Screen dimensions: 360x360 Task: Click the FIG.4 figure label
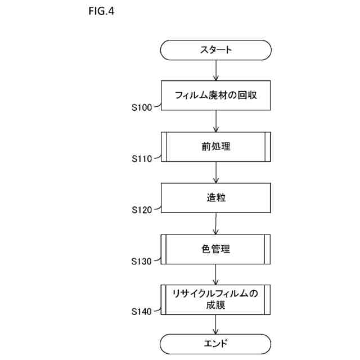tap(101, 11)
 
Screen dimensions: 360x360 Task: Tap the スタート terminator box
tap(216, 49)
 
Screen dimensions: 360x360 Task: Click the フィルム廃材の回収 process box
tap(216, 95)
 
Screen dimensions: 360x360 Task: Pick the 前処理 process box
tap(216, 147)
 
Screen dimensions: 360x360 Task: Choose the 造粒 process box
tap(216, 198)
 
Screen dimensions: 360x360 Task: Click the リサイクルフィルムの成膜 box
tap(216, 300)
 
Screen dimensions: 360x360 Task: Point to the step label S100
tap(142, 107)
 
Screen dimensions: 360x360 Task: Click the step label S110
tap(142, 159)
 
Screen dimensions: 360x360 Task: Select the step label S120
tap(142, 210)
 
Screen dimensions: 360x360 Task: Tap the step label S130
tap(142, 261)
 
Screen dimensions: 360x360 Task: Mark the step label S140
tap(142, 311)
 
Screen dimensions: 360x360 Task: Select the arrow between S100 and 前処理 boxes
tap(216, 121)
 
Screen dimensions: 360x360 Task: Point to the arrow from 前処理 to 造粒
tap(216, 172)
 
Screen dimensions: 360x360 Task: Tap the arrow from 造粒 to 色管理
tap(216, 223)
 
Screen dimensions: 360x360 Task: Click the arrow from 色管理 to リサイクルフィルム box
tap(216, 274)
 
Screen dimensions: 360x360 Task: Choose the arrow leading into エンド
tap(216, 325)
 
